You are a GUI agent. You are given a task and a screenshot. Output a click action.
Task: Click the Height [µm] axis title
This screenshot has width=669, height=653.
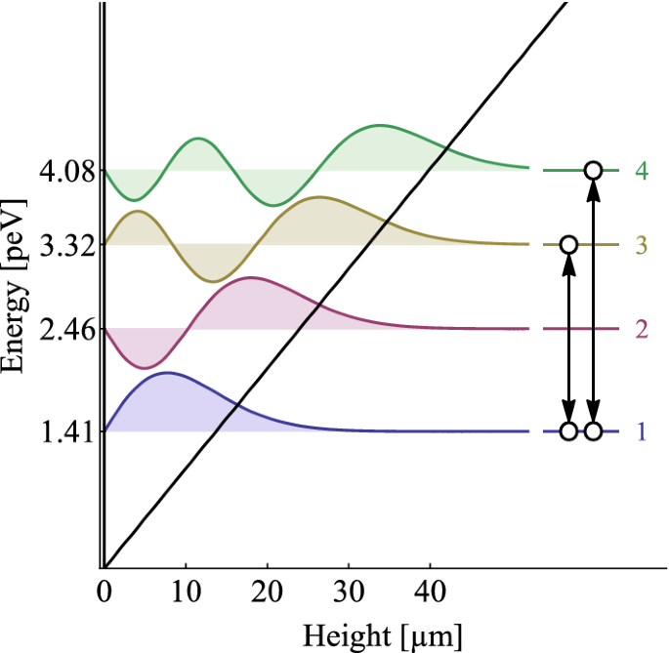pyautogui.click(x=383, y=634)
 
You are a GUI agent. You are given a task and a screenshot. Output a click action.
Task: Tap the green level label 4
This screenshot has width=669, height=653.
pyautogui.click(x=642, y=171)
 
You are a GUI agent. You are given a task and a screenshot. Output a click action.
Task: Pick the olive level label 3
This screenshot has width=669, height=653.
pyautogui.click(x=642, y=244)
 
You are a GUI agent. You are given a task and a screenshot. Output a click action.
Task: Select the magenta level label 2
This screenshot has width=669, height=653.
pyautogui.click(x=642, y=329)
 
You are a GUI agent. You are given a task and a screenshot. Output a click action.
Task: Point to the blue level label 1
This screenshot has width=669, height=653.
pyautogui.click(x=642, y=431)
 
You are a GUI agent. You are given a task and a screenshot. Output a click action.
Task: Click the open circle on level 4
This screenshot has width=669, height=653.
pyautogui.click(x=593, y=171)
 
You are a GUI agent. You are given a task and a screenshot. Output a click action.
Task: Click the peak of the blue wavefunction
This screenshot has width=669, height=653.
pyautogui.click(x=167, y=373)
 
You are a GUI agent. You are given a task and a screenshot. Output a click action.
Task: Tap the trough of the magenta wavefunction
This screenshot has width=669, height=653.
pyautogui.click(x=145, y=368)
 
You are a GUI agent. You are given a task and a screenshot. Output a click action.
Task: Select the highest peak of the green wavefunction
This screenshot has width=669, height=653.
pyautogui.click(x=380, y=126)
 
